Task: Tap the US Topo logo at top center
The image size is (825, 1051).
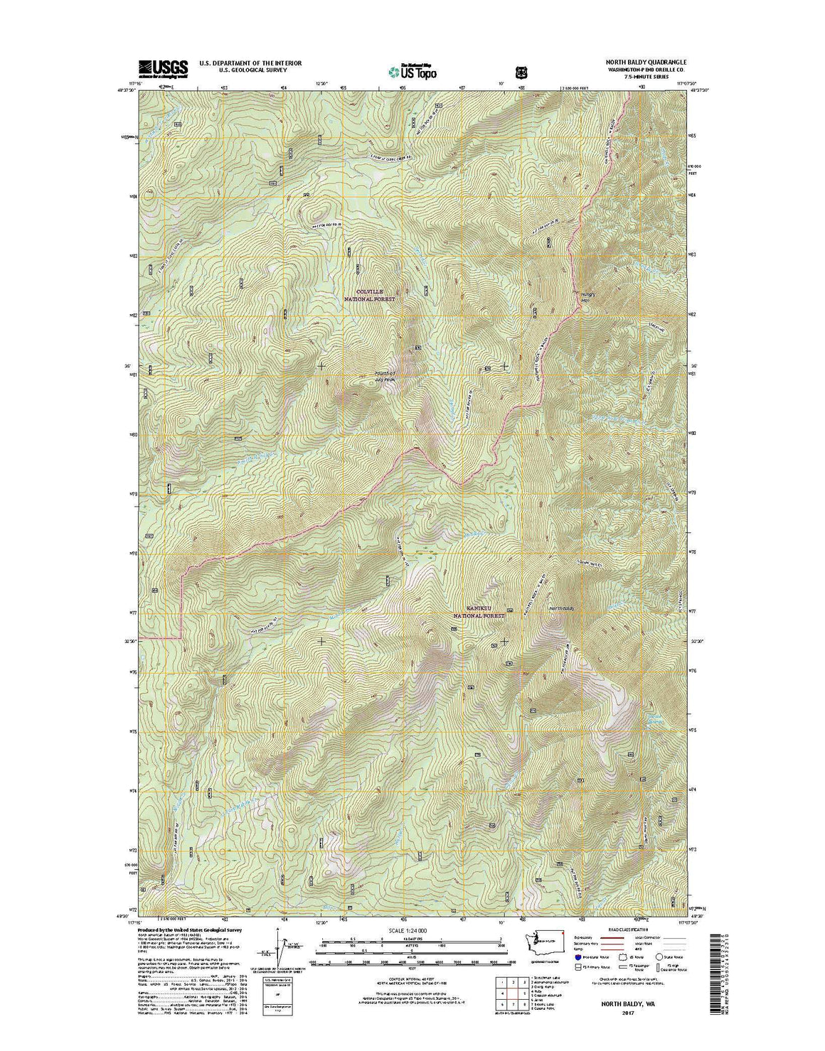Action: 412,70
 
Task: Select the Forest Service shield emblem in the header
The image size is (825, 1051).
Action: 521,71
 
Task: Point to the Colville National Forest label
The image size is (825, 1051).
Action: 369,296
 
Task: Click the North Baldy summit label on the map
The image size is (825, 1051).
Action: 560,608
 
